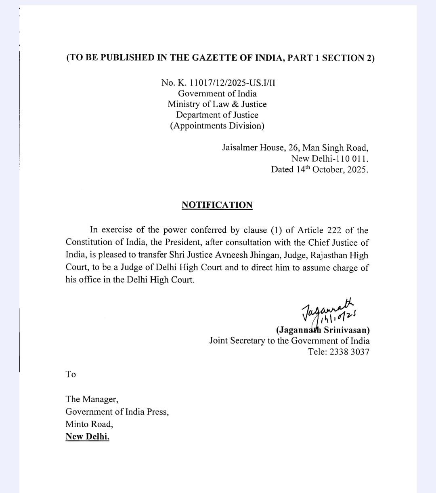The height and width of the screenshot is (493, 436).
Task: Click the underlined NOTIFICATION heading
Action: (217, 205)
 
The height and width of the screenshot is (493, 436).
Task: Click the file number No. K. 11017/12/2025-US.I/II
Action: (218, 83)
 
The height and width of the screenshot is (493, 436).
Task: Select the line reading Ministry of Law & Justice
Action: (217, 104)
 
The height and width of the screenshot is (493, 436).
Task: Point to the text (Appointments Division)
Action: (217, 126)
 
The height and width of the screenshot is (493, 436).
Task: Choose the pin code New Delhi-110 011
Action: (330, 158)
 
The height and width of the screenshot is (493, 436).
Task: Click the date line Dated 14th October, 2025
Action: (319, 169)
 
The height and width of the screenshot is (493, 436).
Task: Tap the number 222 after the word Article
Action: (334, 230)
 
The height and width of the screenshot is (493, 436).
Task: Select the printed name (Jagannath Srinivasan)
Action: (323, 330)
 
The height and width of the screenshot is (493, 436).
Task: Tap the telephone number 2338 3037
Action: (349, 352)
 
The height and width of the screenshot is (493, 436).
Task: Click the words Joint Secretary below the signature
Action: (237, 341)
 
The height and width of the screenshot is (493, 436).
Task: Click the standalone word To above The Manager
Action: (71, 374)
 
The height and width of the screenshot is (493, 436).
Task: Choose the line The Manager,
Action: (92, 399)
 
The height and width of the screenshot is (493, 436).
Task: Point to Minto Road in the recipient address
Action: (89, 424)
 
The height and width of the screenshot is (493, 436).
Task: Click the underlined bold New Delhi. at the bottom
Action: (87, 436)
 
